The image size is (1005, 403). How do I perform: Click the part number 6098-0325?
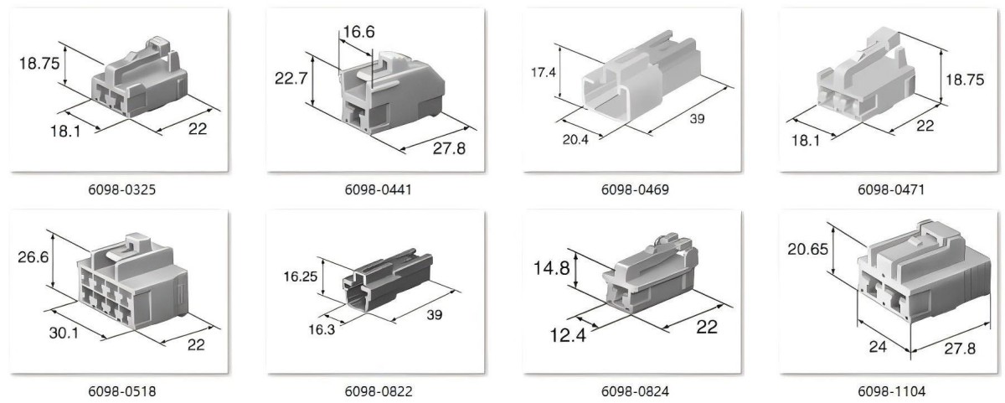(121, 190)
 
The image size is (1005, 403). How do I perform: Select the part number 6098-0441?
(378, 190)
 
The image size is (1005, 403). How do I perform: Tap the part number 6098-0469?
(635, 190)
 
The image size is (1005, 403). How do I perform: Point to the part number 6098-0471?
(891, 190)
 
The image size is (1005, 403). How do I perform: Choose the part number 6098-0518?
(121, 392)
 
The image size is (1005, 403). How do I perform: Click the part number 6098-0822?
(379, 392)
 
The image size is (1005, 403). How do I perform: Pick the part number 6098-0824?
(635, 392)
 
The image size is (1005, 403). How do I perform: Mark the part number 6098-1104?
(891, 392)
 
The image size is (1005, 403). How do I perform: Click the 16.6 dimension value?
(358, 32)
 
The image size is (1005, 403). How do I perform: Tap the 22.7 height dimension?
(291, 79)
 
